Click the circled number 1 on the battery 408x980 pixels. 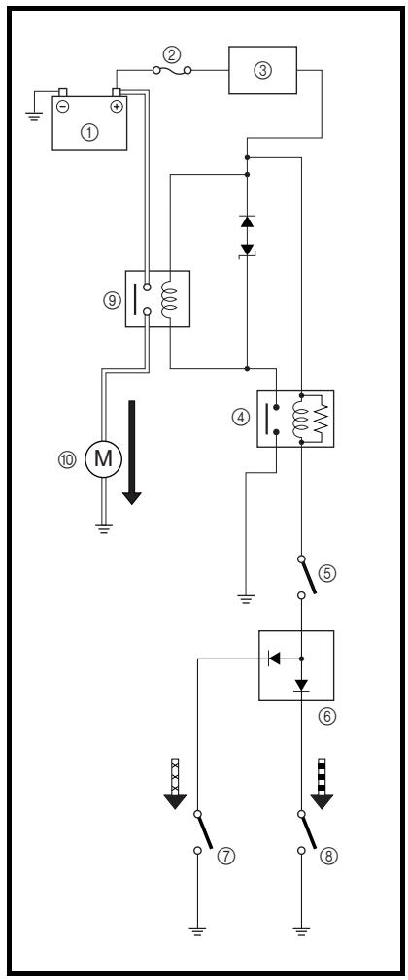(90, 132)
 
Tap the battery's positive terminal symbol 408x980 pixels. (117, 106)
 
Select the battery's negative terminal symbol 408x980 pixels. (63, 106)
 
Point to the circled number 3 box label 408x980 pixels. (263, 70)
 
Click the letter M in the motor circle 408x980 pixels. (104, 460)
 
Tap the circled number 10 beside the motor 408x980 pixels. (67, 460)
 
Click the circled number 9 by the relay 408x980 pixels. (111, 299)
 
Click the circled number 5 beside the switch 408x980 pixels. (326, 572)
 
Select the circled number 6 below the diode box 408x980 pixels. (326, 717)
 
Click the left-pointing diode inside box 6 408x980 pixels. (274, 659)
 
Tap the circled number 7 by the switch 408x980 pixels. (226, 856)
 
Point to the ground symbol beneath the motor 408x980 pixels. (105, 529)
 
